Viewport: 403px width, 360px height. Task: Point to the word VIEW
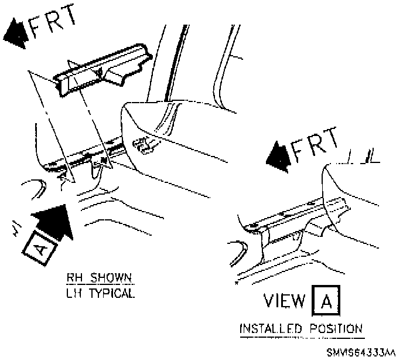click(x=284, y=302)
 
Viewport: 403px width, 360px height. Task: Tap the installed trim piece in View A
click(x=293, y=220)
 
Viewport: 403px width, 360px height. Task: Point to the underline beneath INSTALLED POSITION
click(x=302, y=337)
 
